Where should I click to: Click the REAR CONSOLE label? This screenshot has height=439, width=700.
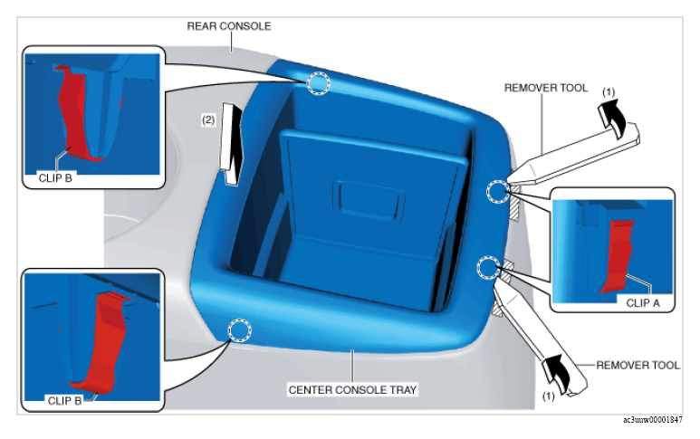pyautogui.click(x=228, y=26)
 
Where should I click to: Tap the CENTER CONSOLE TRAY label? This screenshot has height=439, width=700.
pyautogui.click(x=352, y=390)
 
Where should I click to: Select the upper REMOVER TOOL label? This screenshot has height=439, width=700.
pyautogui.click(x=546, y=88)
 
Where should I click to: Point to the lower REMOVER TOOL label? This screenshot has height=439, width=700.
pyautogui.click(x=638, y=366)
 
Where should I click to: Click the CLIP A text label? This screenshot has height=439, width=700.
pyautogui.click(x=643, y=303)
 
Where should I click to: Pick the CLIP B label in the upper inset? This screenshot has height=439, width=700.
pyautogui.click(x=55, y=178)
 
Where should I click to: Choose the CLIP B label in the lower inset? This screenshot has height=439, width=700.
pyautogui.click(x=64, y=401)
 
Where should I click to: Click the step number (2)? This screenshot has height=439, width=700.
pyautogui.click(x=208, y=120)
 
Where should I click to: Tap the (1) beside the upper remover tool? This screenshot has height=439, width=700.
pyautogui.click(x=609, y=92)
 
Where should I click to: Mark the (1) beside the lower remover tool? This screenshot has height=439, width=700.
pyautogui.click(x=548, y=396)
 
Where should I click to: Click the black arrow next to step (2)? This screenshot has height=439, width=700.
pyautogui.click(x=231, y=144)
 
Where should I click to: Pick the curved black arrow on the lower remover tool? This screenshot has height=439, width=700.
pyautogui.click(x=556, y=374)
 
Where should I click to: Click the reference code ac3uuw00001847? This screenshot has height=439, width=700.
pyautogui.click(x=653, y=420)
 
